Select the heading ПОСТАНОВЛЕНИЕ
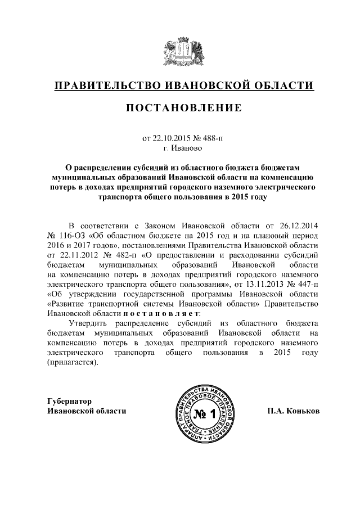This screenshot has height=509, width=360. pyautogui.click(x=180, y=108)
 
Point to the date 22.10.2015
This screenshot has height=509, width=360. pyautogui.click(x=172, y=138)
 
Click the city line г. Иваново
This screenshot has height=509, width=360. pyautogui.click(x=180, y=148)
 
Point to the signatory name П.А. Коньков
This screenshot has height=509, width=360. pyautogui.click(x=293, y=411)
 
